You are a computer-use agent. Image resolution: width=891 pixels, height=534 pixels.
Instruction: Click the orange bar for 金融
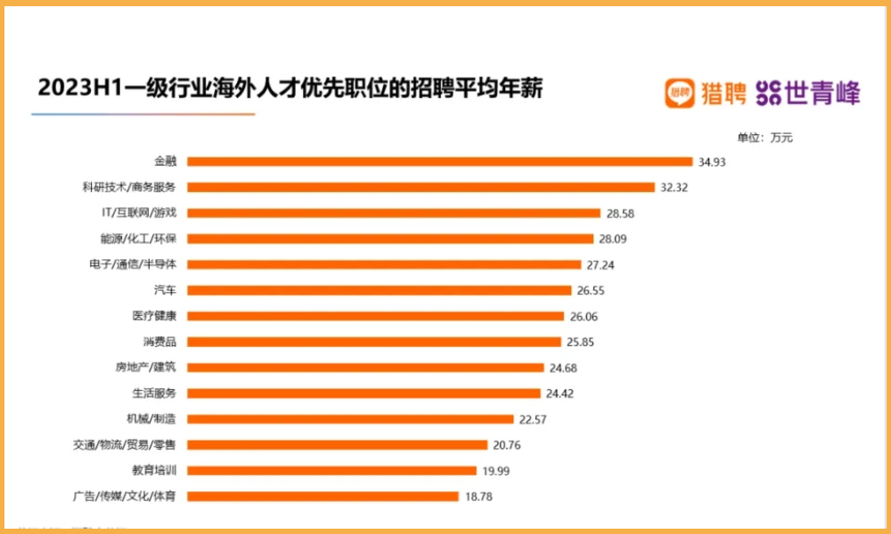(x=440, y=162)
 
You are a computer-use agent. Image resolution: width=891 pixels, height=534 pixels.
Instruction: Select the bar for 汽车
(x=380, y=290)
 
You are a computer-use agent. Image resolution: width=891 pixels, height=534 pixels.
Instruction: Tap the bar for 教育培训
(x=332, y=471)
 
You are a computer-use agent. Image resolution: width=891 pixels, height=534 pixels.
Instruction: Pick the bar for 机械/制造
(x=351, y=419)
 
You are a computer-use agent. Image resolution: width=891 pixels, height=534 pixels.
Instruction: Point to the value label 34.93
(x=714, y=162)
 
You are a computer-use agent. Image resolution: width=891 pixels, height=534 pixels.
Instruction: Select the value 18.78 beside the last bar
(x=479, y=497)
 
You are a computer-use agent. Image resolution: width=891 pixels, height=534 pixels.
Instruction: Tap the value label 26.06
(x=585, y=316)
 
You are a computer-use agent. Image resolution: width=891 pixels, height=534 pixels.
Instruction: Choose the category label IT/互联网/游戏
(x=139, y=214)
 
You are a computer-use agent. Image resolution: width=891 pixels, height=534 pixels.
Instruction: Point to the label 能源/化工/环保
(x=138, y=239)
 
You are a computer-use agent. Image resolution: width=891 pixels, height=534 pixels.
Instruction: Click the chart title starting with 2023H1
(x=290, y=90)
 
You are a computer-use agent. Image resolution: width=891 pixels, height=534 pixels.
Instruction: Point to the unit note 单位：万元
(x=764, y=138)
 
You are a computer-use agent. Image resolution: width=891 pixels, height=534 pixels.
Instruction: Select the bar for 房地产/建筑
(x=365, y=368)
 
